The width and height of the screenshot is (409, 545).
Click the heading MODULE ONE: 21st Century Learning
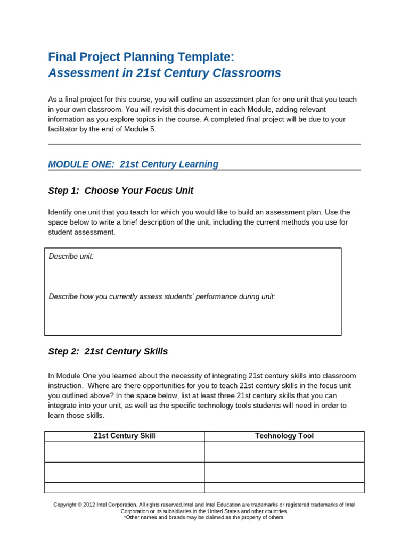133,164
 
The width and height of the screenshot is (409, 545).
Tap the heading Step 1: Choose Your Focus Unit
120,191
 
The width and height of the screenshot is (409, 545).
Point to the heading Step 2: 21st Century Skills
108,351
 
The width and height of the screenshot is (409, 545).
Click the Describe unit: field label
71,257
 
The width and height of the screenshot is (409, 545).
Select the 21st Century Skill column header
124,436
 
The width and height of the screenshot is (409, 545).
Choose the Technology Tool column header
284,436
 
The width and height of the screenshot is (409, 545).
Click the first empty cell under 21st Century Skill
124,452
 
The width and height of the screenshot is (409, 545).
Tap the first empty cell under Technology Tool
284,452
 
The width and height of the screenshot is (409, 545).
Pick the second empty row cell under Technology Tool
284,472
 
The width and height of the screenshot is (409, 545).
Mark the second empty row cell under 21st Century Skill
124,472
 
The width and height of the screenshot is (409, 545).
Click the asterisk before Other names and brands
125,517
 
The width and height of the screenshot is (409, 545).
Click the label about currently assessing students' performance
162,296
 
